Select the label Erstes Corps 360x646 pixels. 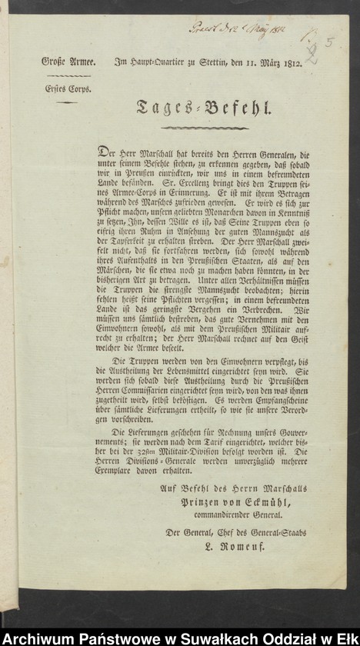click(68, 88)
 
